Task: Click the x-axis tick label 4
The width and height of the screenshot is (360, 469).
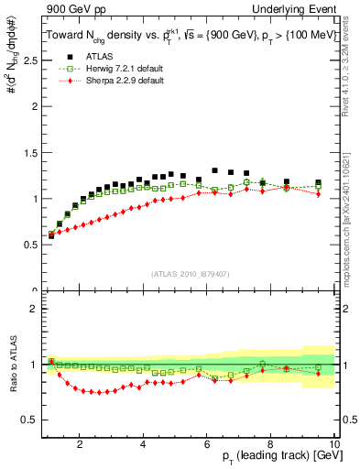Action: [143, 444]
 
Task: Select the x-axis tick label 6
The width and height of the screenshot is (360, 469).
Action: [207, 444]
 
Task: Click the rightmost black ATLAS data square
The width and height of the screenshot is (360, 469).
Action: [318, 183]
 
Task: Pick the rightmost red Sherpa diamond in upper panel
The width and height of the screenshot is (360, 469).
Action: [318, 193]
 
